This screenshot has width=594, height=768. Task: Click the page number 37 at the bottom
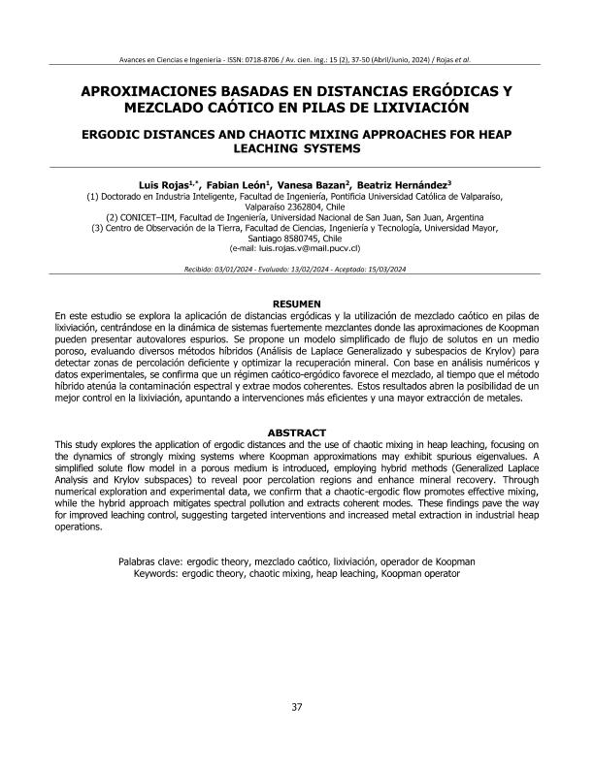pos(297,733)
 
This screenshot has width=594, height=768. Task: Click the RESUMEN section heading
pos(297,304)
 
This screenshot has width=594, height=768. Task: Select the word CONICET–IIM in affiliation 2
pos(156,216)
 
